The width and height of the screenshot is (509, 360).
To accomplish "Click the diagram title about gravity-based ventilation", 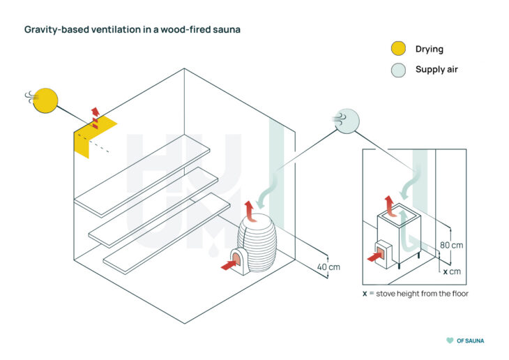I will [132, 30].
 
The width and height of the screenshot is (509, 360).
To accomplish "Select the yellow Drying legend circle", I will [397, 49].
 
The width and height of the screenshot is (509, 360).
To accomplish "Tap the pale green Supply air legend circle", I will [397, 70].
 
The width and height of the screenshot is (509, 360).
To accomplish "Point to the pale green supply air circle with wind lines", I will [347, 121].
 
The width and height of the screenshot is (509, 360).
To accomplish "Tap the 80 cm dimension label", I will [452, 246].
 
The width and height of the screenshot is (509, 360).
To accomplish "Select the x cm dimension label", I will [452, 271].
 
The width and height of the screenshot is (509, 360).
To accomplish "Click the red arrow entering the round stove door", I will [229, 264].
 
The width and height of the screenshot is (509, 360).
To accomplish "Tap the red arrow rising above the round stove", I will [249, 208].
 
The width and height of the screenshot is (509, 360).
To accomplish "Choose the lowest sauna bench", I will [167, 232].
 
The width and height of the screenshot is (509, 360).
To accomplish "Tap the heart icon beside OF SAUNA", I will [449, 340].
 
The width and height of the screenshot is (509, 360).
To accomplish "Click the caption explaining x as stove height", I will [415, 294].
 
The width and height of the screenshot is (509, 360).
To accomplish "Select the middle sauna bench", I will [153, 206].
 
